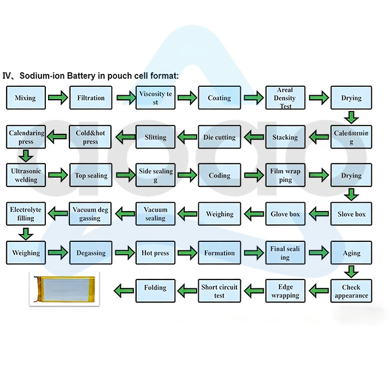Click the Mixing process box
pos(25,98)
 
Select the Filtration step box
pos(91,98)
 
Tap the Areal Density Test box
pos(285,98)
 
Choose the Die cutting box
pos(220,137)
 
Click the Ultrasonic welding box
pos(25,175)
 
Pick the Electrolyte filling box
pos(25,214)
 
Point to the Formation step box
pos(220,253)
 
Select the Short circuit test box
pos(220,291)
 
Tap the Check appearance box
pos(351,291)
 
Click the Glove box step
pos(285,214)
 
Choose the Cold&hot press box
pos(91,137)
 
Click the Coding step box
pos(220,175)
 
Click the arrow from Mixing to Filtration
pos(58,99)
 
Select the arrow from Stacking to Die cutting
pos(253,137)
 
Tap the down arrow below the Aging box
pos(351,272)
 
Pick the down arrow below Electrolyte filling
pos(25,233)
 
